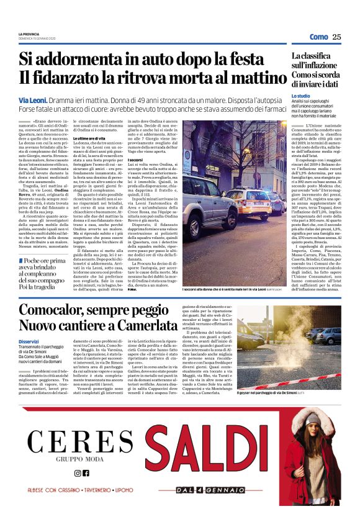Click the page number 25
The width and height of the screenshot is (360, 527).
(x=336, y=37)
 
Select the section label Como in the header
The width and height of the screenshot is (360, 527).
(x=318, y=37)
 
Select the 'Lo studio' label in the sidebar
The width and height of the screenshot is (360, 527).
(x=301, y=96)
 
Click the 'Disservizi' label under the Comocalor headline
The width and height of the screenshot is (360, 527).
(x=29, y=341)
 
